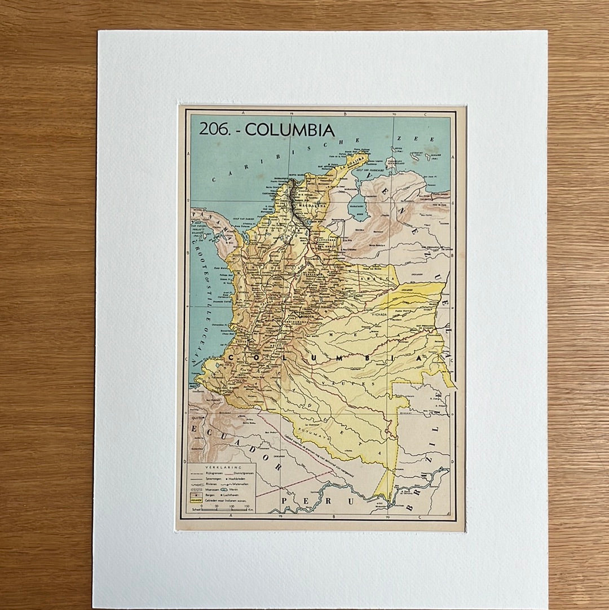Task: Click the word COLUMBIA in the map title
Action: [290, 130]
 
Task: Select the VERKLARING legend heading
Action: [223, 468]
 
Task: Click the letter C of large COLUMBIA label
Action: [232, 358]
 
